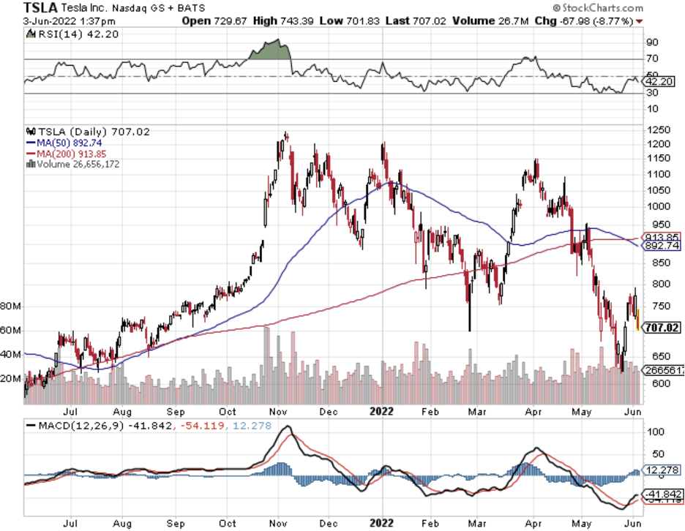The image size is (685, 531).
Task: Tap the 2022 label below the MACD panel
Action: [x=381, y=524]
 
